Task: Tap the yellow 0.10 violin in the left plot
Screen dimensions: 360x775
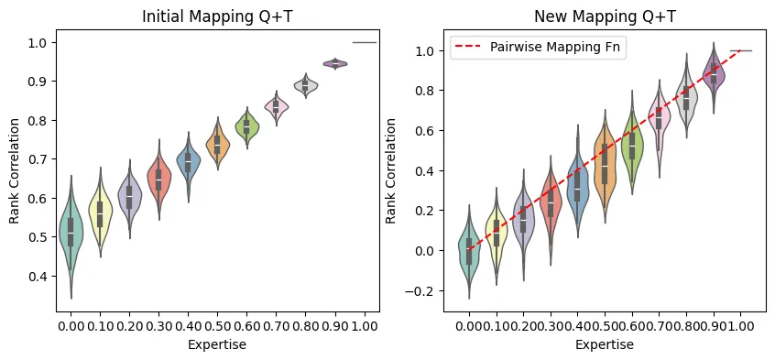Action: coord(100,213)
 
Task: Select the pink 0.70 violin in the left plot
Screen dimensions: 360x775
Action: coord(276,106)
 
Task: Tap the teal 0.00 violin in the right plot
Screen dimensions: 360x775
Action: coord(469,249)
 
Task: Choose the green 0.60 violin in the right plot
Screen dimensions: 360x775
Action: coord(631,144)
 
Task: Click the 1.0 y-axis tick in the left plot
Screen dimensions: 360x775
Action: coord(39,42)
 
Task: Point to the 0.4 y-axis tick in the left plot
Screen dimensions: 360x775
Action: coord(39,276)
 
